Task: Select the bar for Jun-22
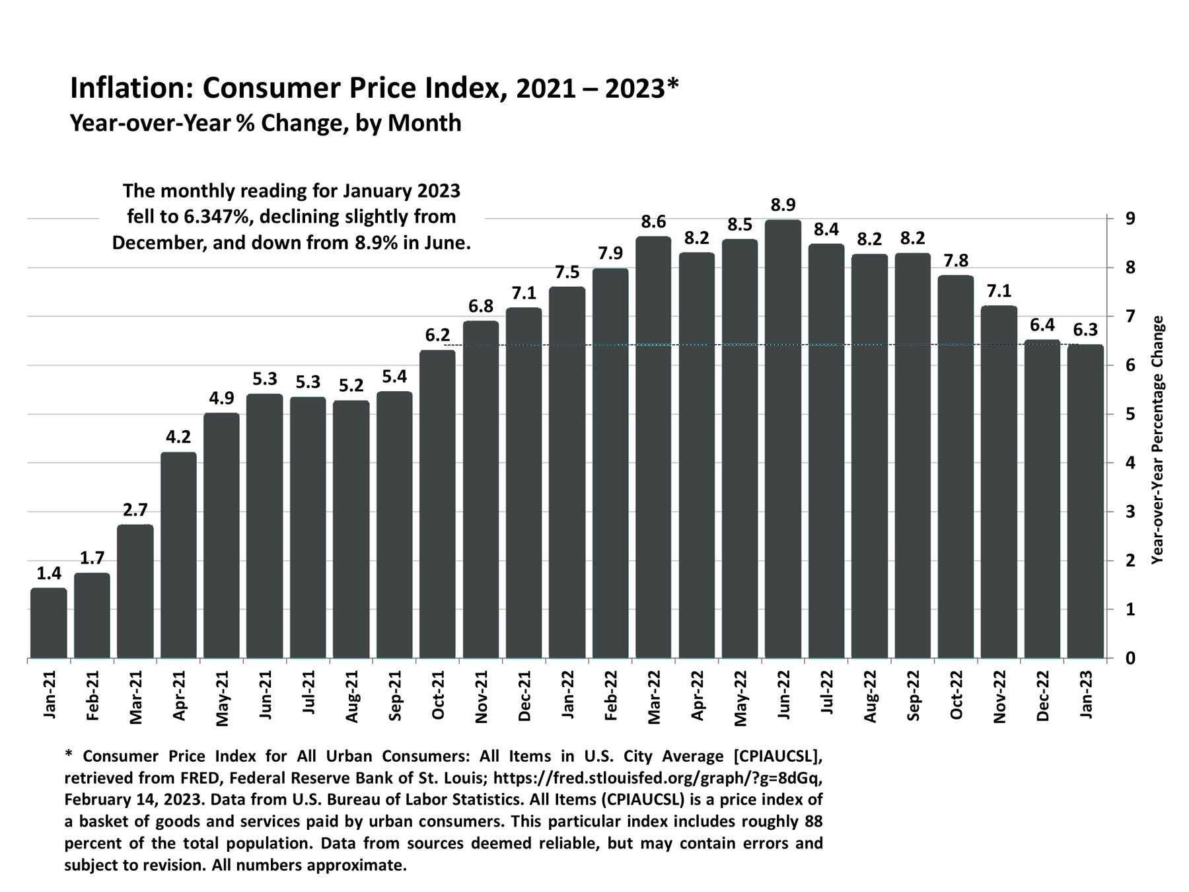click(x=783, y=439)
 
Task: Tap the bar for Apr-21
click(x=178, y=555)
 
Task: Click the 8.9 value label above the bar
click(x=783, y=205)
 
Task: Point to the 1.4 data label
click(x=48, y=574)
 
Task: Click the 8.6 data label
click(x=653, y=221)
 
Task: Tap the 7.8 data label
click(x=956, y=260)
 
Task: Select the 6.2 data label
click(x=437, y=336)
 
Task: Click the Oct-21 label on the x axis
click(x=437, y=694)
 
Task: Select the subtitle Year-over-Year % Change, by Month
click(x=266, y=124)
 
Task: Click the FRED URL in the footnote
click(x=657, y=778)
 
